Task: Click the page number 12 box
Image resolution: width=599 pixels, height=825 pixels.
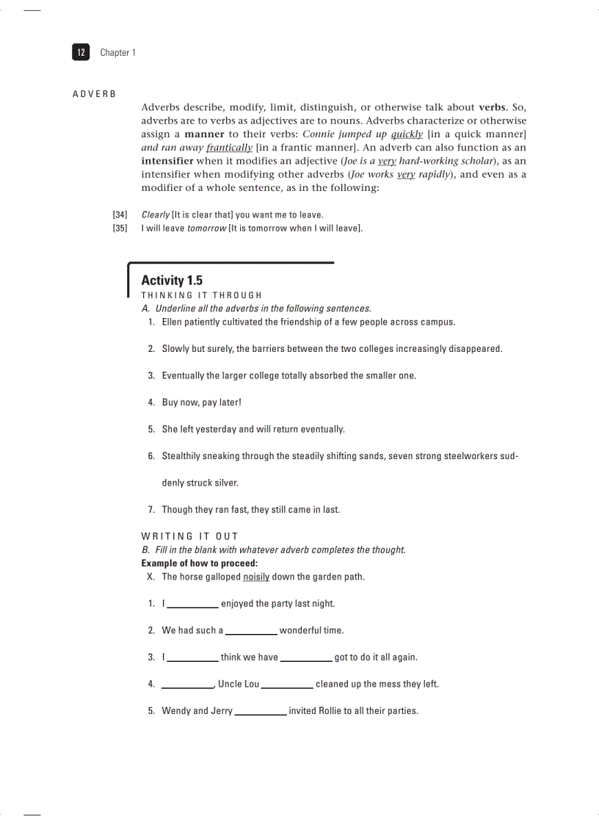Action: coord(81,52)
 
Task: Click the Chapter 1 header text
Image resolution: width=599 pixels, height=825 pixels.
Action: coord(117,53)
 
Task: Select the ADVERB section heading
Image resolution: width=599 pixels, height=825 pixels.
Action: coord(94,95)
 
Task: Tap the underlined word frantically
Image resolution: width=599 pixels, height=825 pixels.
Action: coord(229,148)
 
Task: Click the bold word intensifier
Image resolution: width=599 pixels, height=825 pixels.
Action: coord(167,161)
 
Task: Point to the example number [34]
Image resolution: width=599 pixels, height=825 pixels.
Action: coord(120,215)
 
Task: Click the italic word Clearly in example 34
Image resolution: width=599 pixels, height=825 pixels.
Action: coord(155,215)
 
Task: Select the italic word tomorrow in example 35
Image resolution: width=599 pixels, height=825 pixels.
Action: coord(206,228)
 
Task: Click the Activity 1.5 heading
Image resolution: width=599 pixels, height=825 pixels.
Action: coord(172,281)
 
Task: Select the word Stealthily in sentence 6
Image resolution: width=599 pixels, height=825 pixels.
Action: coord(184,456)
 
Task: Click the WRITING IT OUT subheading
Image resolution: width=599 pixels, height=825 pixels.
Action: coord(189,536)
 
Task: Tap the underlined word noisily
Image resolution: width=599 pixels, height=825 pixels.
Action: coord(256,577)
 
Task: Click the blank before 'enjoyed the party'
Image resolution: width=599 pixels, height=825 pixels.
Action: coord(192,605)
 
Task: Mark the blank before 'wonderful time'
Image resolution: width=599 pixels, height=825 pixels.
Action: coord(251,631)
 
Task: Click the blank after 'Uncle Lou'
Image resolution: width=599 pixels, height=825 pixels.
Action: coord(287,685)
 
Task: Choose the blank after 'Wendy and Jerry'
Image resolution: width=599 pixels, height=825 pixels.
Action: coord(261,712)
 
